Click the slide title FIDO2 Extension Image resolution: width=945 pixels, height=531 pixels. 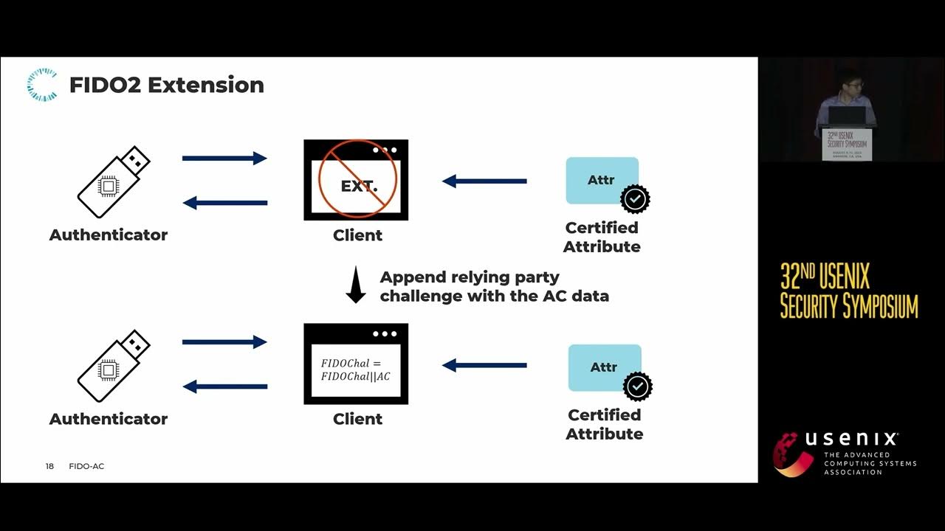(x=166, y=85)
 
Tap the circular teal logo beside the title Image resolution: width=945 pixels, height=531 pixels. (x=41, y=84)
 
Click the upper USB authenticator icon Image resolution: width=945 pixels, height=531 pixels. (x=114, y=181)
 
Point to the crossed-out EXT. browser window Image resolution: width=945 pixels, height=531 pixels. (x=357, y=180)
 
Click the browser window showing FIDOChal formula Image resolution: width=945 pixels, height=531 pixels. (x=356, y=364)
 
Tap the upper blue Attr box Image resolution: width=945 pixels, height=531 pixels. (x=602, y=180)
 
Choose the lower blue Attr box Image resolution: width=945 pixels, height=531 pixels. (x=604, y=367)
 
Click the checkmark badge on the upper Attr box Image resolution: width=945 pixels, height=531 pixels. (x=635, y=198)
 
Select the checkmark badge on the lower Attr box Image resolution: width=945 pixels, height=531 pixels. (x=637, y=386)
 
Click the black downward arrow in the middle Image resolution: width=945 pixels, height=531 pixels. (x=356, y=286)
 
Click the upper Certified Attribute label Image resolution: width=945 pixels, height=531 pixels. (x=602, y=237)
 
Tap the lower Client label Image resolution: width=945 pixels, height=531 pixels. (x=357, y=419)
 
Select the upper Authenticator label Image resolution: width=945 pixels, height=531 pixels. (x=109, y=235)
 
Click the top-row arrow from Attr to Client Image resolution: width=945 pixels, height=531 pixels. (x=484, y=181)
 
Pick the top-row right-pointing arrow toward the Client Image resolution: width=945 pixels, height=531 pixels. (x=224, y=158)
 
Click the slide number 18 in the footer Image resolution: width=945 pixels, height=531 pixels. (x=49, y=466)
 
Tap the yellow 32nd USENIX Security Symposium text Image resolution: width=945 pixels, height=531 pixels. (x=849, y=291)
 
